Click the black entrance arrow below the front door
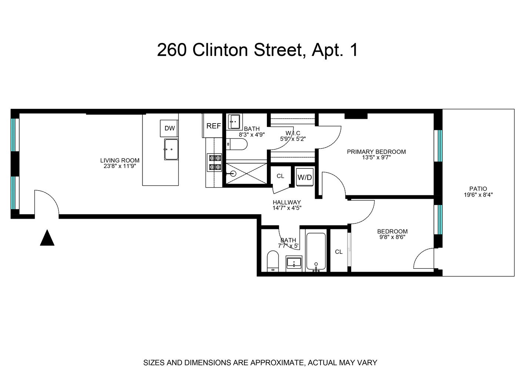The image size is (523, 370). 47,238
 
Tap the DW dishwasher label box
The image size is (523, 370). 170,128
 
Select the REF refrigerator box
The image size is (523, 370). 214,126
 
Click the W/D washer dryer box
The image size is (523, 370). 305,177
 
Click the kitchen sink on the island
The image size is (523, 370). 171,149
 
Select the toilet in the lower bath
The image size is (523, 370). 272,261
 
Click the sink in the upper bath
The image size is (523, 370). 234,121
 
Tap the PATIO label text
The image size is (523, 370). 478,189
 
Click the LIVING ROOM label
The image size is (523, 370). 120,161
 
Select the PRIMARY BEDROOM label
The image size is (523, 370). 376,152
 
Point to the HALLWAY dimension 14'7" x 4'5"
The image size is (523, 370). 287,208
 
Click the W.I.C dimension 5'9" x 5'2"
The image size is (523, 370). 293,139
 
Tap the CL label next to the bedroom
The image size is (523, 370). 339,252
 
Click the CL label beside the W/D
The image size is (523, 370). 281,176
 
